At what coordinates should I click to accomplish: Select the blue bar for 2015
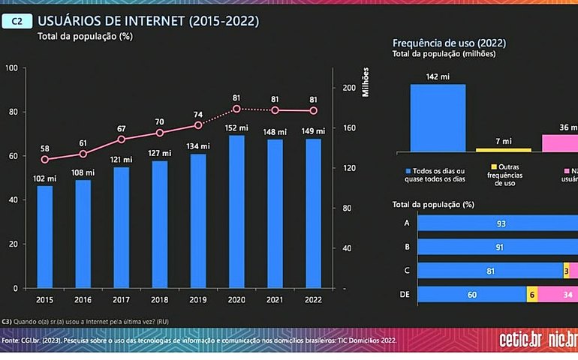(x=45, y=236)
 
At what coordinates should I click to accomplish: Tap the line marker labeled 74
(x=198, y=125)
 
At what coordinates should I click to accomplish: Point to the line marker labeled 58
(x=45, y=160)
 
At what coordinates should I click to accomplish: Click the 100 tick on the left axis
(x=11, y=68)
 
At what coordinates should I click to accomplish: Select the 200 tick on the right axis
(x=347, y=88)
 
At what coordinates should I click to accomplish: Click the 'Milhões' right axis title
(x=366, y=81)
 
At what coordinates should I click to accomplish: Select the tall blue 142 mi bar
(x=438, y=117)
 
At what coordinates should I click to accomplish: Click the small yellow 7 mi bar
(x=503, y=150)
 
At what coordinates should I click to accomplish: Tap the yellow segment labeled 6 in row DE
(x=531, y=295)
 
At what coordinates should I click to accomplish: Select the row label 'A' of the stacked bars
(x=406, y=223)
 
